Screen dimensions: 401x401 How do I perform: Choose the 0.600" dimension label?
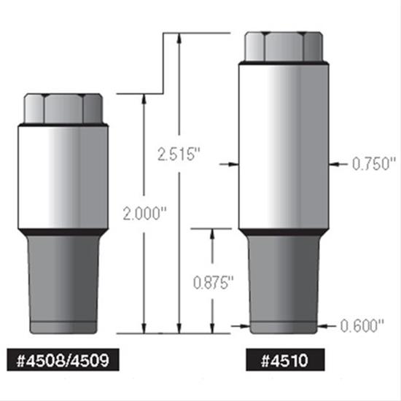click(362, 327)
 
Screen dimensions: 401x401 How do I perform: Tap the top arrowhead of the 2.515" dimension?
click(177, 37)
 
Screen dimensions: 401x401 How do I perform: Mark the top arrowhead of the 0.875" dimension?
click(212, 233)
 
